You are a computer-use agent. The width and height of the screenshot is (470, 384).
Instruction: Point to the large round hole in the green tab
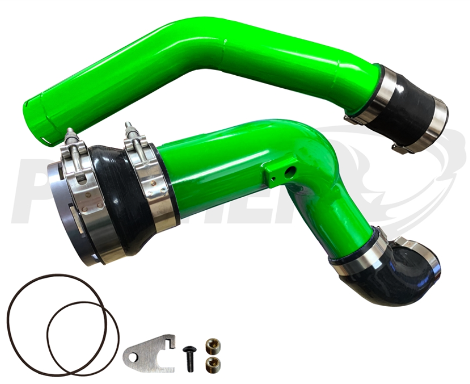(x=291, y=171)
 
